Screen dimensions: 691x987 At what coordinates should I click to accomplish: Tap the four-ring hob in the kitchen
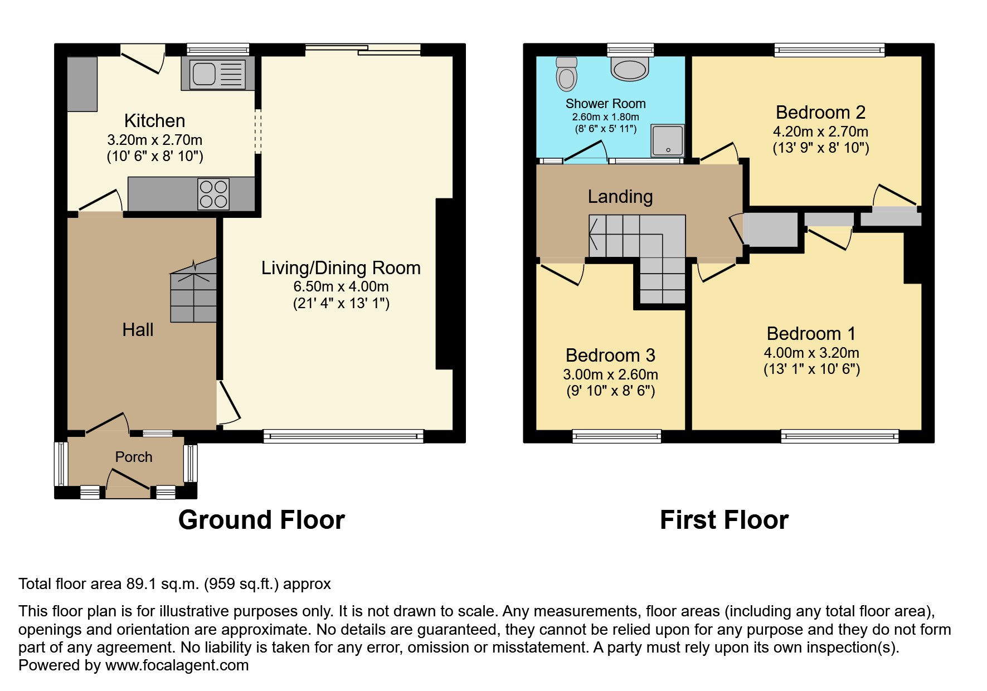coord(213,194)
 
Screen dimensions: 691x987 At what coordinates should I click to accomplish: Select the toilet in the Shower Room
coord(567,74)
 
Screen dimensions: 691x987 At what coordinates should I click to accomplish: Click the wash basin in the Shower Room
coord(630,69)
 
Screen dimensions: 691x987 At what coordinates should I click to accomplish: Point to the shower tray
coord(668,140)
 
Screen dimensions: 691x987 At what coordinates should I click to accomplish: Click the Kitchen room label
coord(154,120)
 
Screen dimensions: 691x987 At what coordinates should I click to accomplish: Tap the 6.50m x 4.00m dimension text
coord(341,286)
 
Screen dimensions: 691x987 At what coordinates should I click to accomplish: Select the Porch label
coord(134,457)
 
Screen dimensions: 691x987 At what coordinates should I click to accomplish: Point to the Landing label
coord(620,197)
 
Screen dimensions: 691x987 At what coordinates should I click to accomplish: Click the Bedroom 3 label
coord(610,355)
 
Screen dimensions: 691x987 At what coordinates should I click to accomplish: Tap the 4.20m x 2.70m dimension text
coord(820,132)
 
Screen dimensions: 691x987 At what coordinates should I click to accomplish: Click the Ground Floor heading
coord(261,520)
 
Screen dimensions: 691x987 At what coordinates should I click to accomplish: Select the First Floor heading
coord(724,520)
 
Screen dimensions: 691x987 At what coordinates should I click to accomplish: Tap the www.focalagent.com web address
coord(177,665)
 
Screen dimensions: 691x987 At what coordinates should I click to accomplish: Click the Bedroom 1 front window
coord(839,436)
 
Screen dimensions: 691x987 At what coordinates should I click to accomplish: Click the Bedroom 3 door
coord(562,272)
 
